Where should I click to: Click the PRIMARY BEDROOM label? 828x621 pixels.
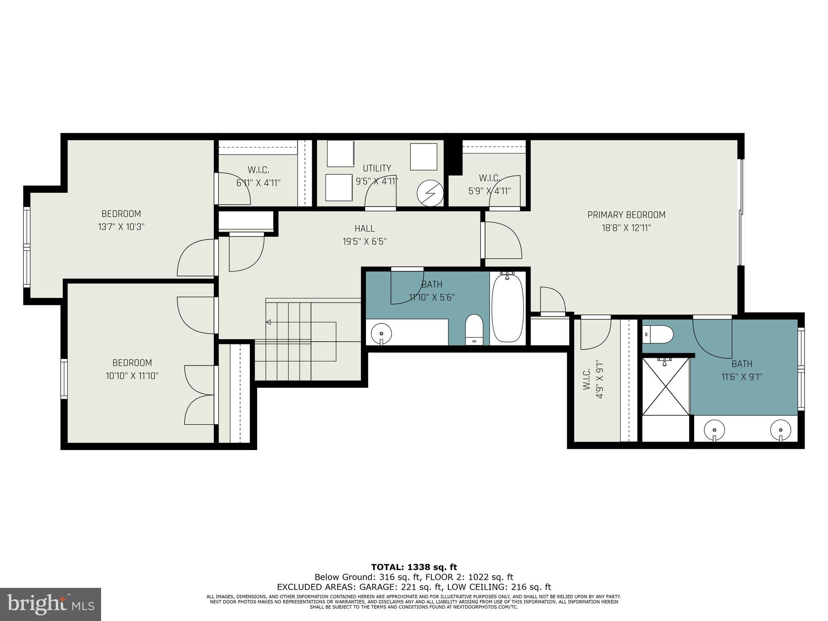tap(626, 215)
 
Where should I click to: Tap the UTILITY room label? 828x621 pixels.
tap(376, 168)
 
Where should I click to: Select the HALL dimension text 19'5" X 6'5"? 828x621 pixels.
tap(365, 242)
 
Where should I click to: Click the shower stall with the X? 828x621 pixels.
tap(665, 386)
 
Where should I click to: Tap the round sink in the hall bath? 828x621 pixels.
tap(381, 334)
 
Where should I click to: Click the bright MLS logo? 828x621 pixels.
tap(51, 604)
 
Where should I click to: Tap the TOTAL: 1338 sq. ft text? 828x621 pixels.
tap(414, 567)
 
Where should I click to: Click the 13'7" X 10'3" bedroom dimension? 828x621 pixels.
tap(121, 227)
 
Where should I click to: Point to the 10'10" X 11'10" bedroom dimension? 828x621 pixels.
tap(132, 376)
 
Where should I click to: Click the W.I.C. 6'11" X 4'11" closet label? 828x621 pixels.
tap(258, 176)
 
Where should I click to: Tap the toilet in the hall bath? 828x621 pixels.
tap(474, 330)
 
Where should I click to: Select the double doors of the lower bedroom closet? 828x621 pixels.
tap(199, 395)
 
